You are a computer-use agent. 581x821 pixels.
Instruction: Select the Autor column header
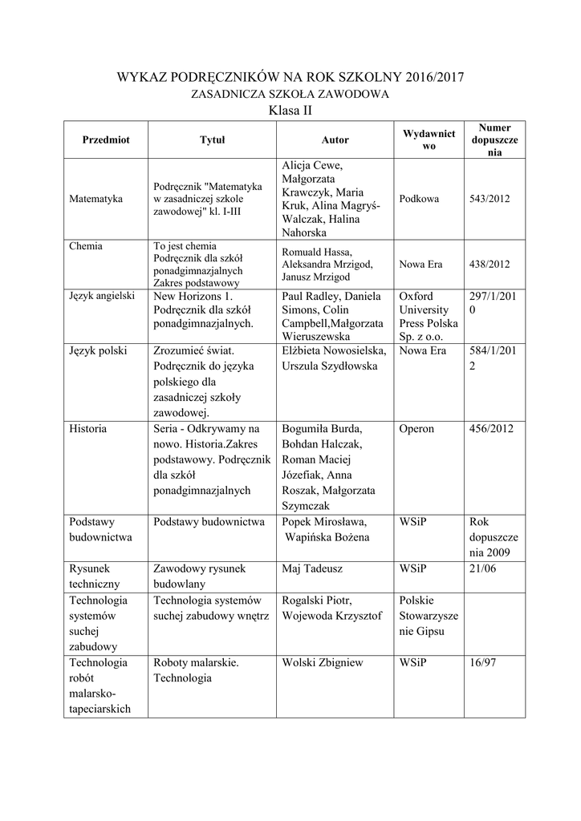(335, 140)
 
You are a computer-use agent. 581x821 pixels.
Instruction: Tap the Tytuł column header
(212, 140)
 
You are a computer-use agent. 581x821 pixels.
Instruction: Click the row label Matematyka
(96, 198)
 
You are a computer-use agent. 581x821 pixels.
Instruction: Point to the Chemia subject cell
(87, 246)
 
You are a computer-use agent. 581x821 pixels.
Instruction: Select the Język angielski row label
(102, 295)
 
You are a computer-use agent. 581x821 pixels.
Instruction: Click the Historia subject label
(88, 428)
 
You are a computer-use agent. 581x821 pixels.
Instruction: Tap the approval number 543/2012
(490, 198)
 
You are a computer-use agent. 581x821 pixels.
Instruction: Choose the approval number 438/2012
(490, 263)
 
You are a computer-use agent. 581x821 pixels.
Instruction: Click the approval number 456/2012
(491, 428)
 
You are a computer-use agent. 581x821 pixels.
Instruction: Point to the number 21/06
(483, 568)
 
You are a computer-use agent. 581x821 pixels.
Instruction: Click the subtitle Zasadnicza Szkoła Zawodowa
(290, 94)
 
